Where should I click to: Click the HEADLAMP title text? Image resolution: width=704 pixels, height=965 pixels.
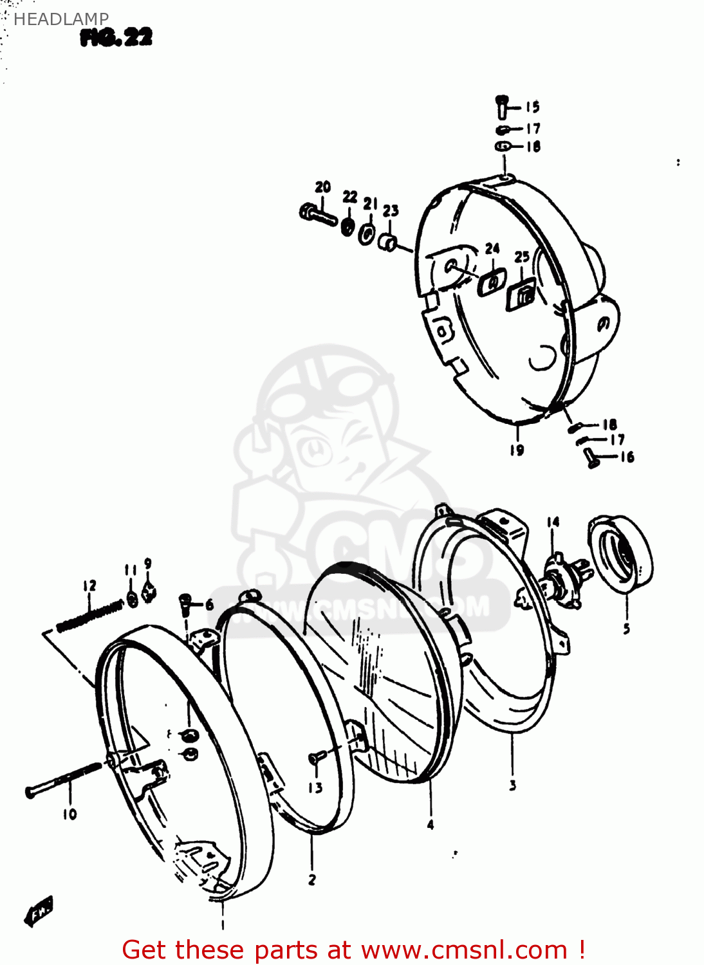coord(60,19)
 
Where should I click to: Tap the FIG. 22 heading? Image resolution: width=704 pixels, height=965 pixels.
coord(116,38)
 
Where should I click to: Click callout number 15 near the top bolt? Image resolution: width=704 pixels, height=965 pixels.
coord(532,107)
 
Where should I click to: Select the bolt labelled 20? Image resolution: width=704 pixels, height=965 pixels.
coord(318,214)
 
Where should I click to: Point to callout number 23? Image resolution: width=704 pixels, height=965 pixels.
coord(391,210)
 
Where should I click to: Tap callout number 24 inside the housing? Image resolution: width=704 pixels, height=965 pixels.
coord(492,248)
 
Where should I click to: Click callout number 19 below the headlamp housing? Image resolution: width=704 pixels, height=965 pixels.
coord(517,450)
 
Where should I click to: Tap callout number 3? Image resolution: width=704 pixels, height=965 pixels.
coord(512,785)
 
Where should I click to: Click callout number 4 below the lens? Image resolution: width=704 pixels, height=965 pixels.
coord(431,824)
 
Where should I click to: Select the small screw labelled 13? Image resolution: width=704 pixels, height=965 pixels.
coord(314,759)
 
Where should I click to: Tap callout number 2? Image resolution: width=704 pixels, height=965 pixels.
coord(312,879)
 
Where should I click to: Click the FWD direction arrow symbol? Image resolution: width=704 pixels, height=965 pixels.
coord(38,910)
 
